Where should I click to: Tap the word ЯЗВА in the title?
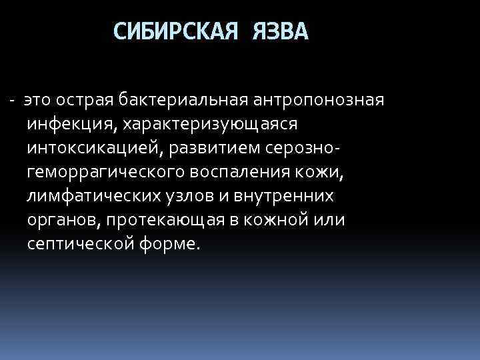(281, 31)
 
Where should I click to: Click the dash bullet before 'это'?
(13, 101)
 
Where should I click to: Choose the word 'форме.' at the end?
(170, 245)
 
